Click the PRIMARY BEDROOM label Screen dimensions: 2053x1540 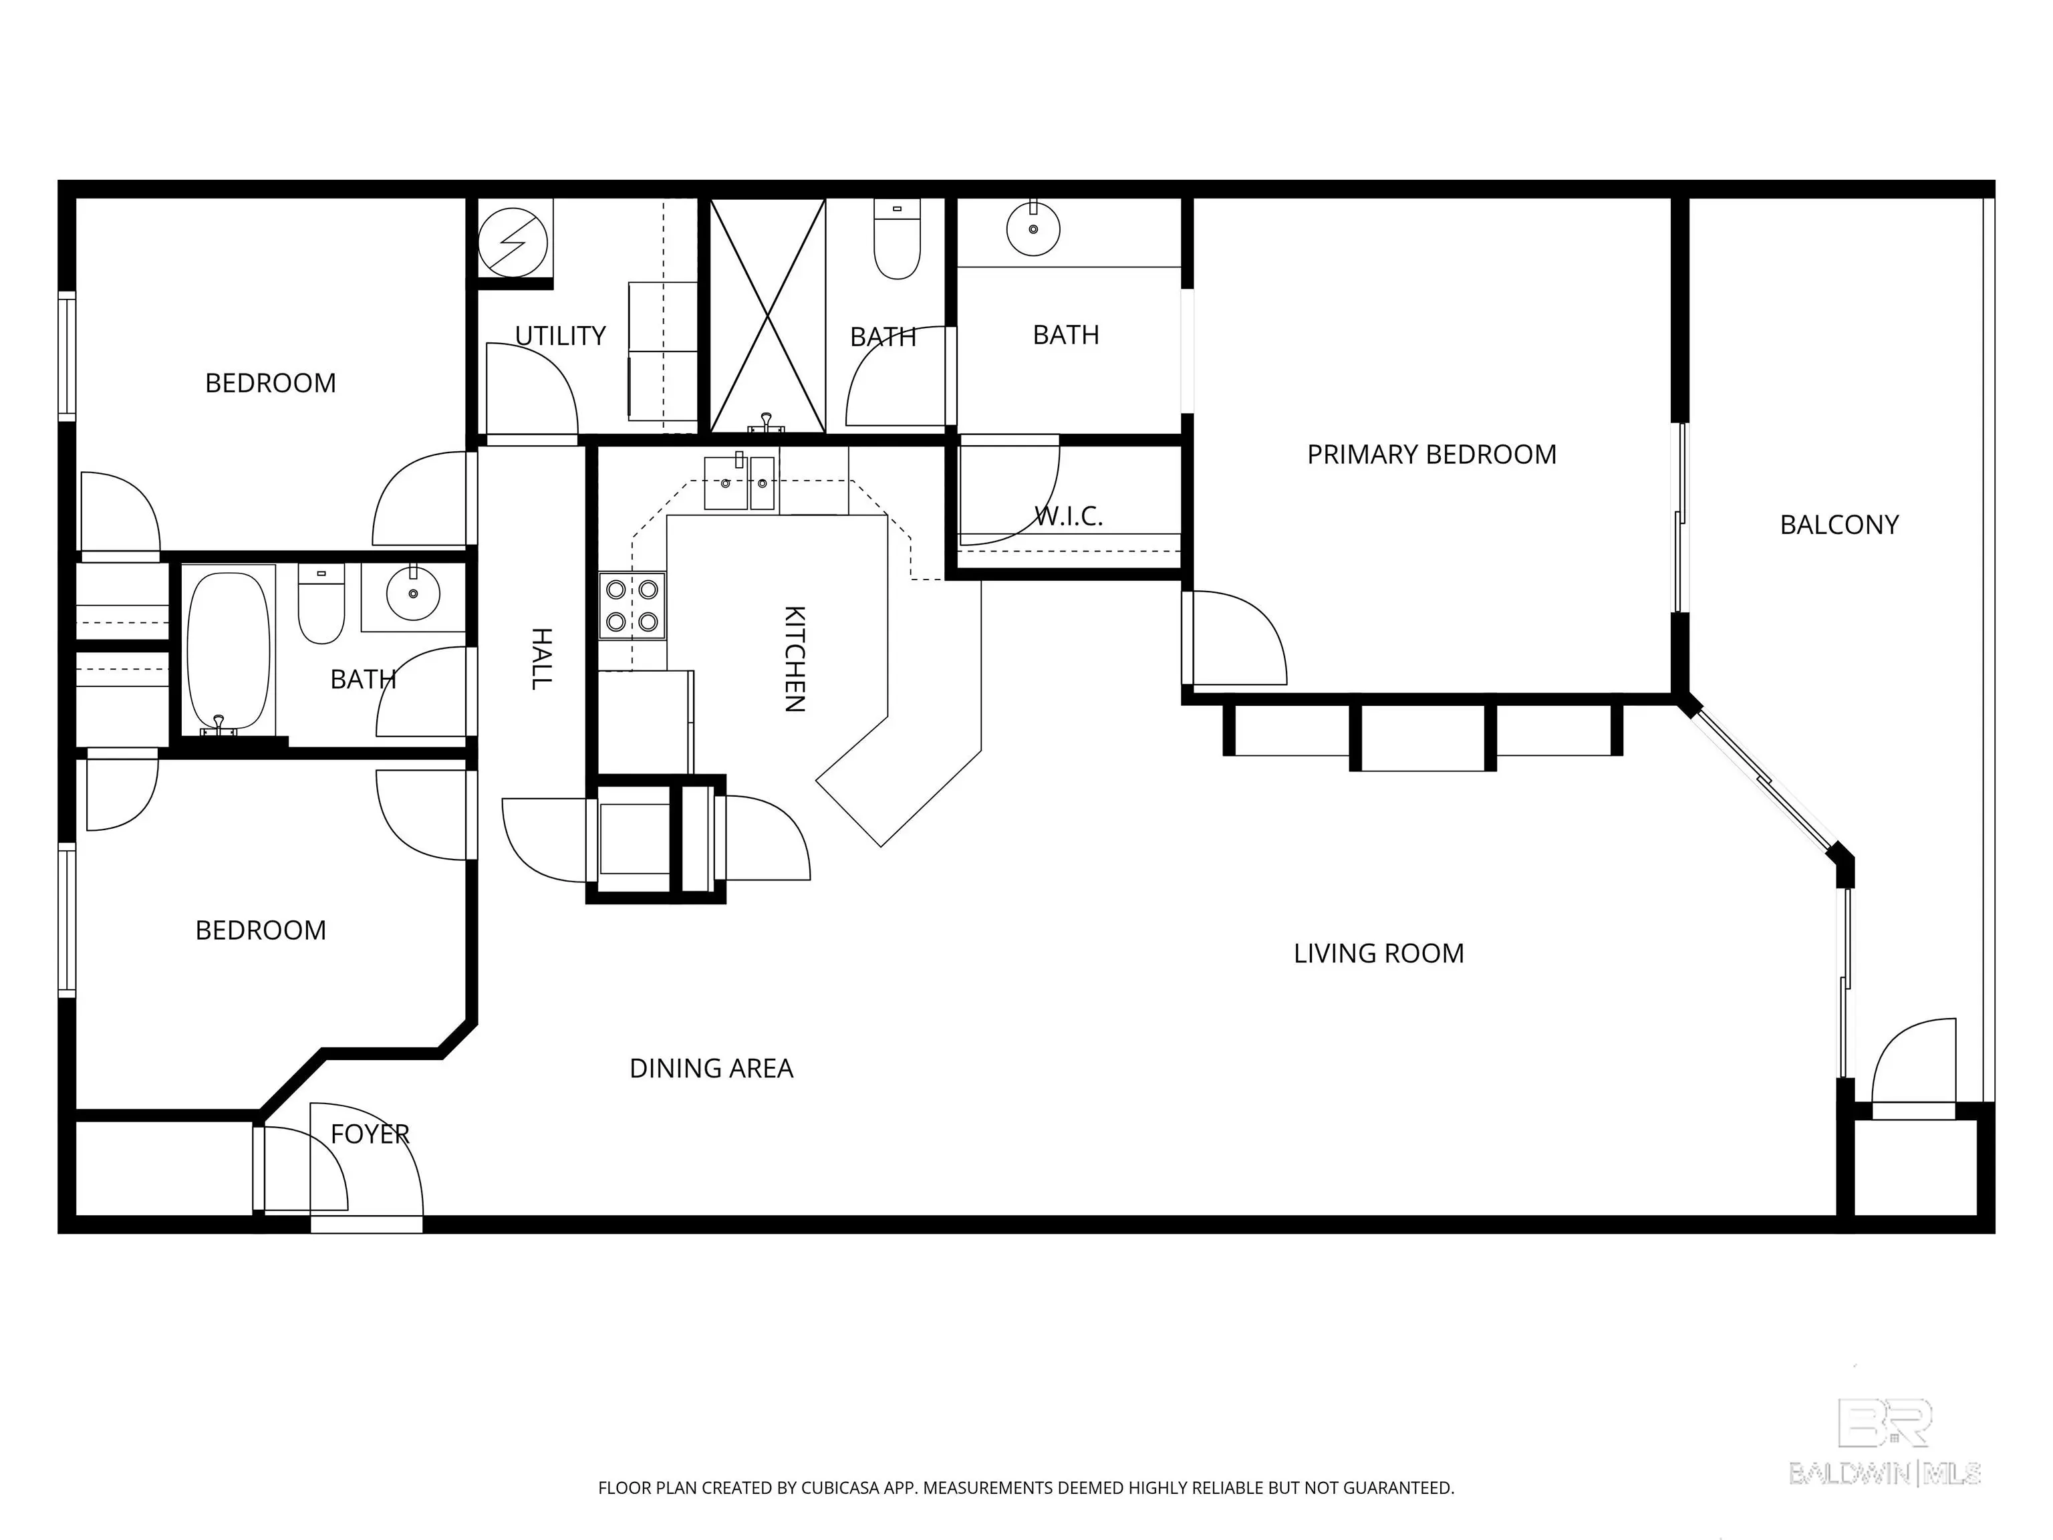[x=1431, y=455]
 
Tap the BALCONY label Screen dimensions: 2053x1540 [x=1838, y=525]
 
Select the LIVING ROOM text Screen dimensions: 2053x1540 [x=1378, y=953]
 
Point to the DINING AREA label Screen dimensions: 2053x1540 [x=711, y=1068]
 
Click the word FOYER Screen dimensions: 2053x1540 [x=370, y=1134]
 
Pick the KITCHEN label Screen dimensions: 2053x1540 [x=795, y=659]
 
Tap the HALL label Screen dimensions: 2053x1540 [x=541, y=659]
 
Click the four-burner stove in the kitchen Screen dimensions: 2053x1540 [x=632, y=605]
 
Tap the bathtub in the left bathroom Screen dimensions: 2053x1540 [x=229, y=651]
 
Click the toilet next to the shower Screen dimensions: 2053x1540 [x=897, y=239]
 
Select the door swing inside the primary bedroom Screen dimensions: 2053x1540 [x=1240, y=638]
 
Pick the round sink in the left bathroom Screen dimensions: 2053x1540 [x=413, y=592]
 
